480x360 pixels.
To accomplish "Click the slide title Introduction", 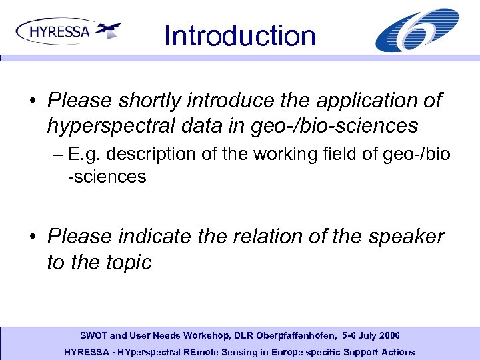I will click(x=239, y=35).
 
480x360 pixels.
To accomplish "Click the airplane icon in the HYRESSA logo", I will click(x=108, y=30).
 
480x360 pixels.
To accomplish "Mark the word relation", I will click(x=279, y=237).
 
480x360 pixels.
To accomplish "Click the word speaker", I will click(x=403, y=237).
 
